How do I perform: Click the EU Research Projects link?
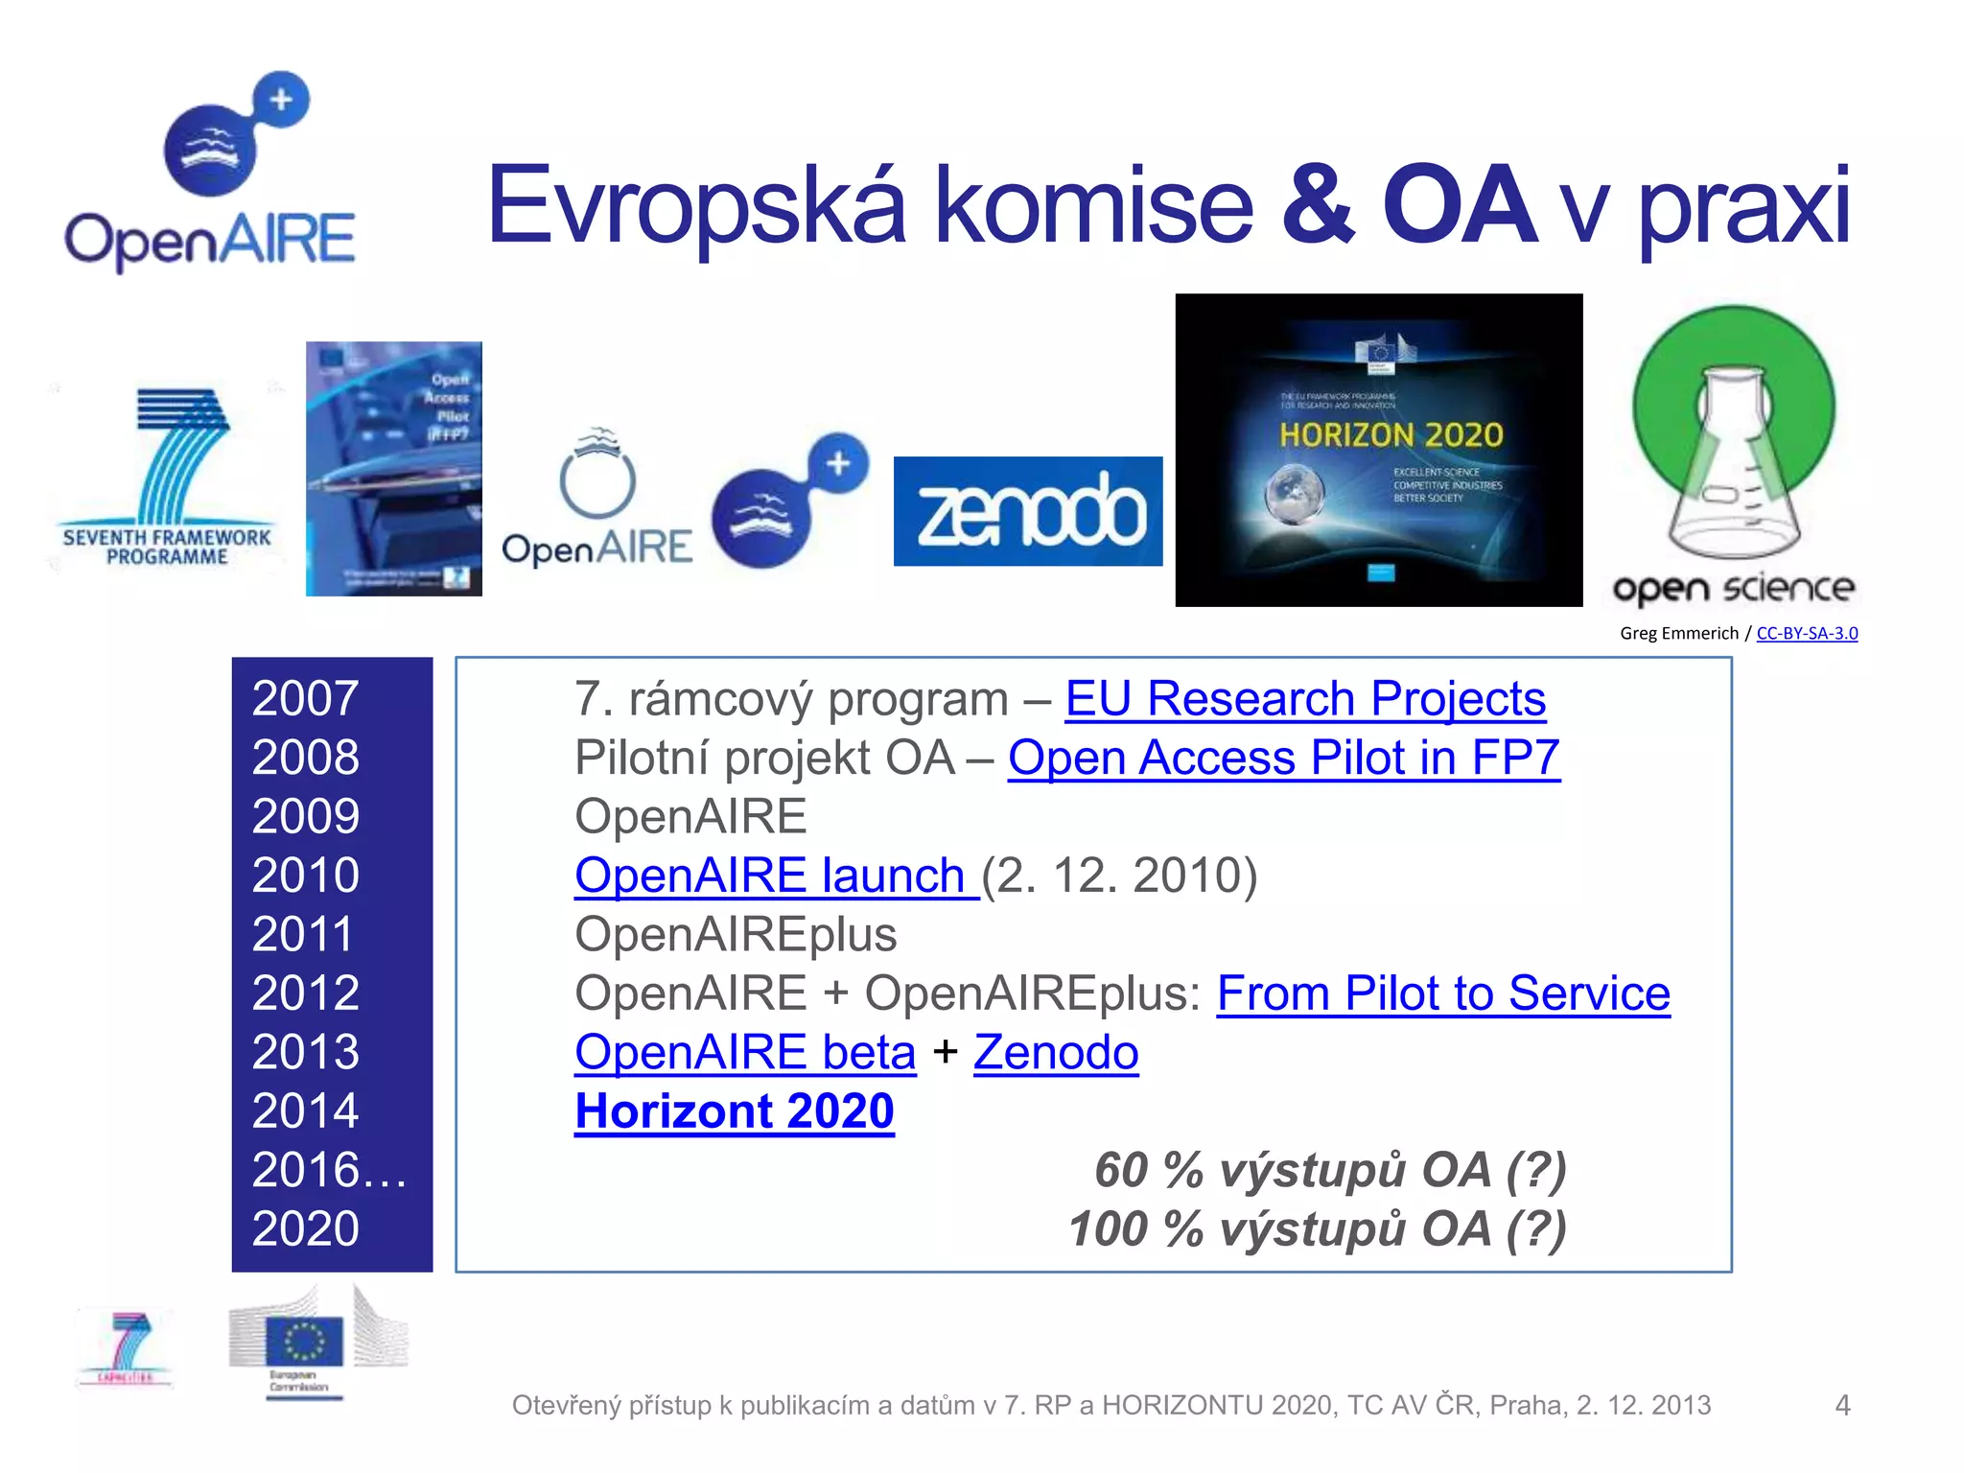1305,698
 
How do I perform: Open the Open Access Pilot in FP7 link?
1283,758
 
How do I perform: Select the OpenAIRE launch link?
775,876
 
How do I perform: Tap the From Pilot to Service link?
1442,994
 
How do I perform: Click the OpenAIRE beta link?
745,1052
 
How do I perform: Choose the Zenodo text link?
1056,1052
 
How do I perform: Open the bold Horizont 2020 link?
735,1111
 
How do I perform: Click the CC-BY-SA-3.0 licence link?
1807,633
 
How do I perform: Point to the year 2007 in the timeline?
306,698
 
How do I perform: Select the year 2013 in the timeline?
306,1052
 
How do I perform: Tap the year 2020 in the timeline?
306,1228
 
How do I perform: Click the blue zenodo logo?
1028,511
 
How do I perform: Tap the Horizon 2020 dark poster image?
1379,450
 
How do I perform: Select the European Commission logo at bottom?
305,1343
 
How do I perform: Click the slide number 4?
1842,1405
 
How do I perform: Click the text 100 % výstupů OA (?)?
1318,1229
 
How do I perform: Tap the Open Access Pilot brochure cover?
394,469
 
